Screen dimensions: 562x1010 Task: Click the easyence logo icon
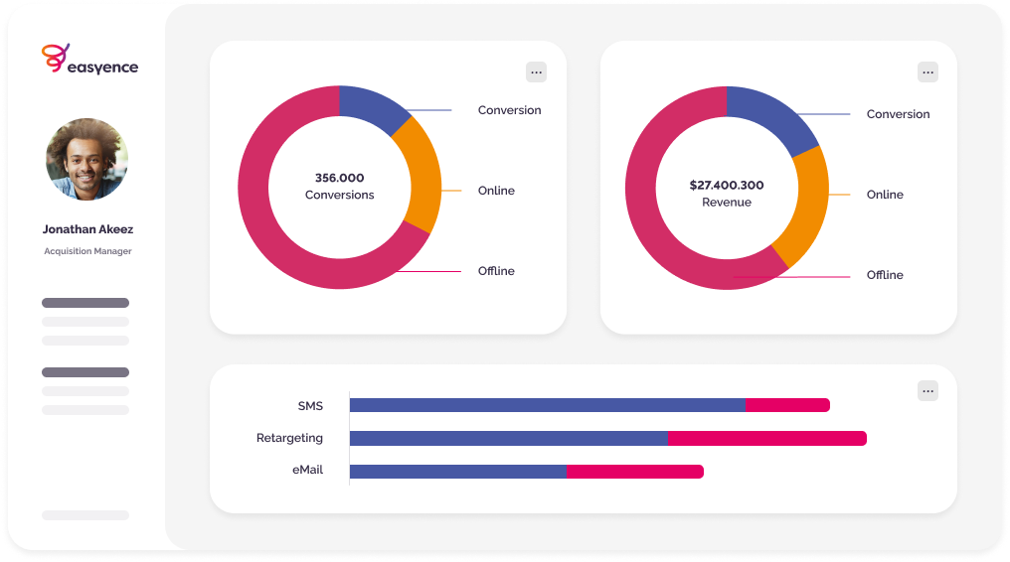[x=56, y=58]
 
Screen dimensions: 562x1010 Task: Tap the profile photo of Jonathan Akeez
[x=86, y=159]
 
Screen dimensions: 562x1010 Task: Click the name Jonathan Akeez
[x=87, y=229]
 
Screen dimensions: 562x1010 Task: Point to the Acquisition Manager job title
[x=87, y=251]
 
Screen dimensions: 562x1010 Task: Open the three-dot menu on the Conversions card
[x=536, y=71]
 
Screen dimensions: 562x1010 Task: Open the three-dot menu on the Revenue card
[x=927, y=71]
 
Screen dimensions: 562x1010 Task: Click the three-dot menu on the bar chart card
[x=927, y=390]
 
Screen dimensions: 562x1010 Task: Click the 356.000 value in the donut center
[x=340, y=178]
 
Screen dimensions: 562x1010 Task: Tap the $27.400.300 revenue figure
[x=727, y=185]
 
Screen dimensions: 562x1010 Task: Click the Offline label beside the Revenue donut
[x=885, y=275]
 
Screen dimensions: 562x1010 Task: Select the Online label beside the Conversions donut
[x=496, y=191]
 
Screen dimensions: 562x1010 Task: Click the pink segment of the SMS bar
[x=787, y=405]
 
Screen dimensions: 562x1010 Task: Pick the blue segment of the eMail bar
[x=457, y=472]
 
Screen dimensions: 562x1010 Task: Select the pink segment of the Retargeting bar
[x=766, y=438]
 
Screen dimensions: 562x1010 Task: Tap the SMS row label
[x=310, y=406]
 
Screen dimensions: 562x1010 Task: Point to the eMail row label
[x=307, y=470]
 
